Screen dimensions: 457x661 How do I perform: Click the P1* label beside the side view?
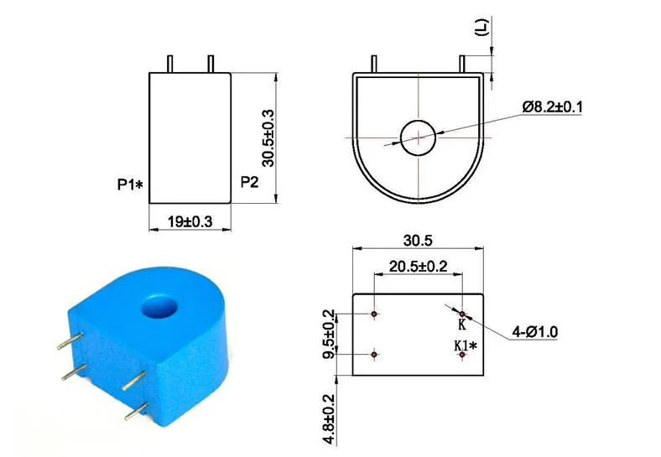[x=130, y=184]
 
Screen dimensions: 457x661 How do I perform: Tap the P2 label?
[x=249, y=180]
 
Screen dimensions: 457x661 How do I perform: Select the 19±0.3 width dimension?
[x=190, y=221]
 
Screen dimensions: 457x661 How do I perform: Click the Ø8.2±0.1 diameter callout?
[x=553, y=106]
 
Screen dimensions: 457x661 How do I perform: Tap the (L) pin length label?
[x=481, y=28]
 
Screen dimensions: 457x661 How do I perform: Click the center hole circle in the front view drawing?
[x=417, y=138]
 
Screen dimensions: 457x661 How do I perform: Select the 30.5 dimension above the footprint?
[x=417, y=241]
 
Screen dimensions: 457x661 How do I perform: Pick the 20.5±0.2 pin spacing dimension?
[x=418, y=267]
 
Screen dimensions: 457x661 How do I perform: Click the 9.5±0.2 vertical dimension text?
[x=330, y=334]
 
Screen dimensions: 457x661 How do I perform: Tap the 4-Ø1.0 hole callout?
[x=535, y=332]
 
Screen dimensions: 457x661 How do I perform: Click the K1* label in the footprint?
[x=466, y=345]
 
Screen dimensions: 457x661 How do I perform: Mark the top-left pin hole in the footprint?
[x=374, y=314]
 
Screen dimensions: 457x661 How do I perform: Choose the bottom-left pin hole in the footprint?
[x=374, y=355]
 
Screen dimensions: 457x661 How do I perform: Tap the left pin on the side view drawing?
[x=170, y=64]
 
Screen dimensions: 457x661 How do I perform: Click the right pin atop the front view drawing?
[x=462, y=64]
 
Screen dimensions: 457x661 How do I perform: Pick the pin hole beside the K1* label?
[x=461, y=355]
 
